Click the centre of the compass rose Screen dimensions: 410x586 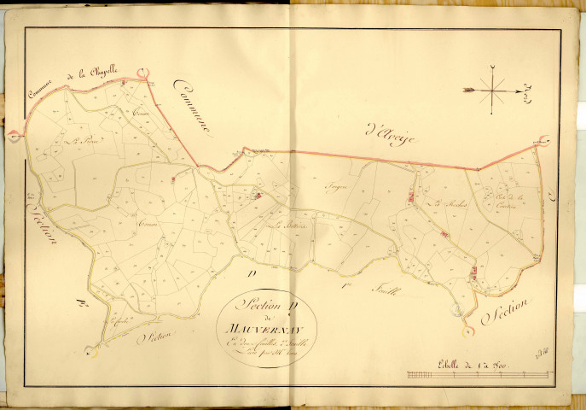pos(494,87)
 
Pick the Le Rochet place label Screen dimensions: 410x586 pos(444,202)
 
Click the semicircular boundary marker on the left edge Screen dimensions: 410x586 pos(12,136)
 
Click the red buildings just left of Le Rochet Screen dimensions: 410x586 pos(412,198)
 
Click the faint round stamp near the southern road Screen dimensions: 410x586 pos(467,330)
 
